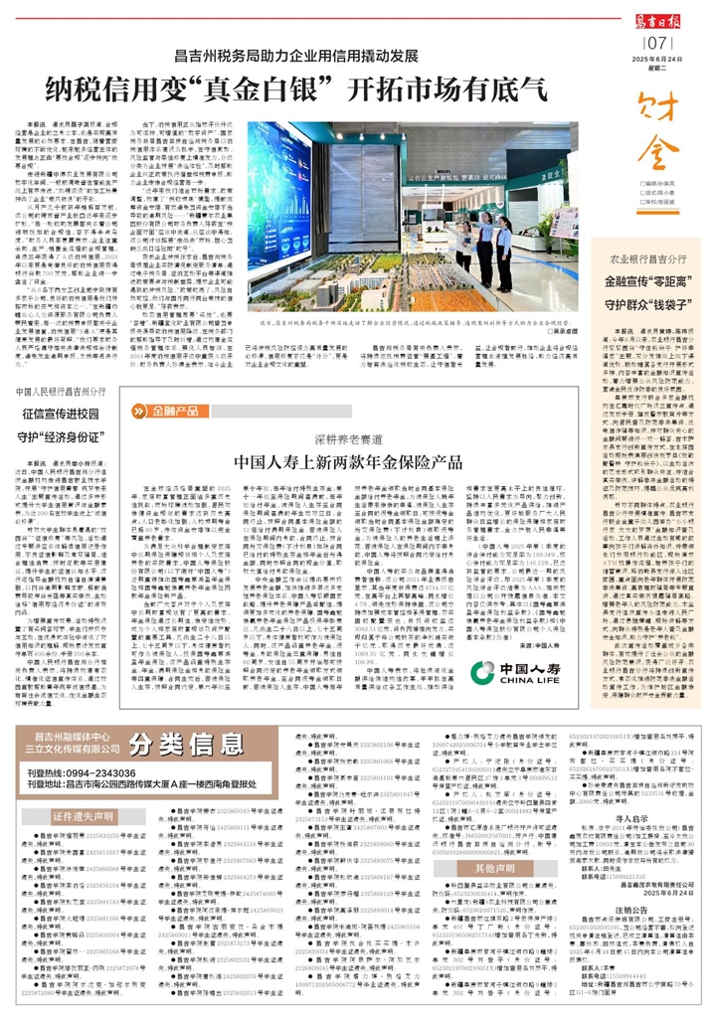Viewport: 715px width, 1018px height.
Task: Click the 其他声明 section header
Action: [x=475, y=868]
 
